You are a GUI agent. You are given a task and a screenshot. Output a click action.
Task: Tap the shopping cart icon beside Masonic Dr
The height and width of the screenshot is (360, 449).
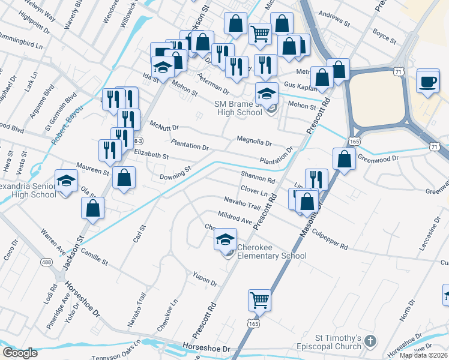(259, 299)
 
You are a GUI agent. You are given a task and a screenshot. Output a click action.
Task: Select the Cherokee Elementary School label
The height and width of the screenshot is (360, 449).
(272, 251)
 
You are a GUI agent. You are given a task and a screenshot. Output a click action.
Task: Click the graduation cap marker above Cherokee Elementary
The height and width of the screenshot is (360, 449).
(226, 240)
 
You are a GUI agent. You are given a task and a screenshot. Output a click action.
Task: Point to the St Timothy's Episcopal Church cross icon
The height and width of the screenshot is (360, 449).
(370, 341)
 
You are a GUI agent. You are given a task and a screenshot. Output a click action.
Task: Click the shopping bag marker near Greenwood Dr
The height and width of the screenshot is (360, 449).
(345, 160)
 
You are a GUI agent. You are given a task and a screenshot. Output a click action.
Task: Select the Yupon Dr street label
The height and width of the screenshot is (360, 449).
(204, 278)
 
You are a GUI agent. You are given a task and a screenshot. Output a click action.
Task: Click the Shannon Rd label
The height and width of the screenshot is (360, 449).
(258, 178)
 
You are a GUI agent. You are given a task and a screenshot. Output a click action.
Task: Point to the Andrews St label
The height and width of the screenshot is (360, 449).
(334, 21)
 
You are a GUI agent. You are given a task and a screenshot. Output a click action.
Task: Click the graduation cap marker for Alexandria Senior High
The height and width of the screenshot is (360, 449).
(66, 181)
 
